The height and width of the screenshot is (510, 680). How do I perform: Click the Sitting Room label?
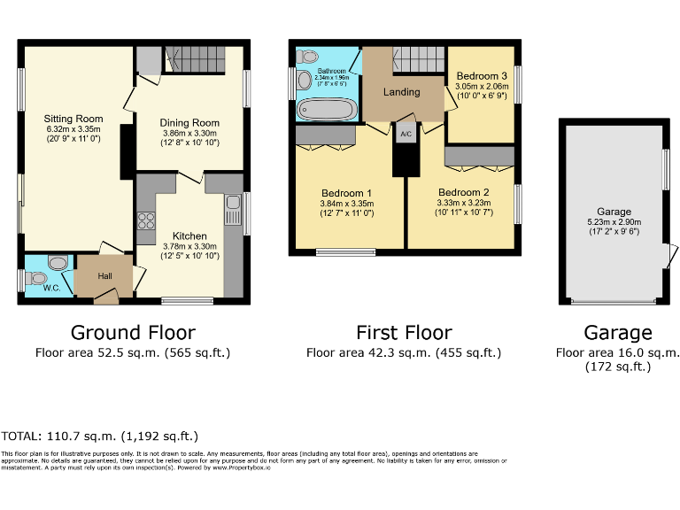[74, 119]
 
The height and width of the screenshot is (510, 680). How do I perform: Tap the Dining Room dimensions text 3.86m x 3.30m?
[189, 133]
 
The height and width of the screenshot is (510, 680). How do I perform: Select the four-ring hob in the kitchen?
[146, 221]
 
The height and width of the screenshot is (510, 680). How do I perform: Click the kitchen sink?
[233, 211]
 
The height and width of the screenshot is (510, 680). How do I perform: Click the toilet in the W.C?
[58, 263]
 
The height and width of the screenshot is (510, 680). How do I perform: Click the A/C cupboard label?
[406, 135]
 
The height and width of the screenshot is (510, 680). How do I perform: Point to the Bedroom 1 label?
[346, 193]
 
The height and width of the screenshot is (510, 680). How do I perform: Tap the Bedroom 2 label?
[463, 192]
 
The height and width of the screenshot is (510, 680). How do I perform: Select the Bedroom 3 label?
[482, 76]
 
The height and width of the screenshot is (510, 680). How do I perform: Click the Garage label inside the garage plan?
[614, 212]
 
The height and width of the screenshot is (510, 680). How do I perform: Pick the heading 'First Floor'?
[404, 333]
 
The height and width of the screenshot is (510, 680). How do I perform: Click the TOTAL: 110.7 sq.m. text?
[100, 437]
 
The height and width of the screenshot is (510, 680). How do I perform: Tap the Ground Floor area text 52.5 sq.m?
[133, 352]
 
